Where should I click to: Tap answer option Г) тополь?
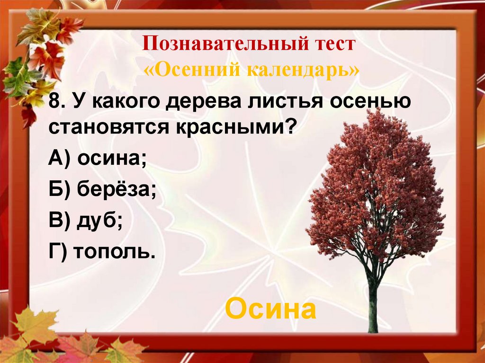[102, 250]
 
